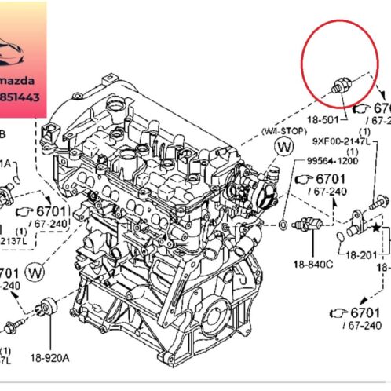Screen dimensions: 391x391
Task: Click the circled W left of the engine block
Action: pyautogui.click(x=34, y=272)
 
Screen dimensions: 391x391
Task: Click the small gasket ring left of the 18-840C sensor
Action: pyautogui.click(x=282, y=229)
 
